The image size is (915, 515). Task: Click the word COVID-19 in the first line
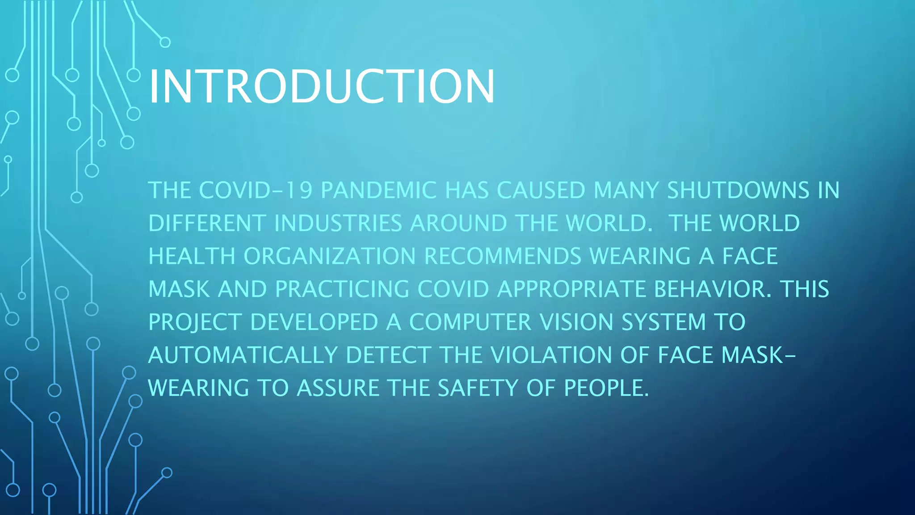point(255,190)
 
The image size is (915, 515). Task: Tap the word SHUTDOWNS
point(738,190)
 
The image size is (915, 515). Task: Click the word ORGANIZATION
point(330,257)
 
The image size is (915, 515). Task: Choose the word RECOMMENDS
point(503,257)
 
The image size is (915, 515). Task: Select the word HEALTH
point(192,257)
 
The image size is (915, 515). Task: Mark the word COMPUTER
point(470,322)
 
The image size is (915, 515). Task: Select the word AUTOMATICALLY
point(243,355)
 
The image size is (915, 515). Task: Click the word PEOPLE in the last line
point(606,388)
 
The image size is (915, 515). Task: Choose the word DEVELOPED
point(314,322)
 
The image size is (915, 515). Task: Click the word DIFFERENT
point(207,224)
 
